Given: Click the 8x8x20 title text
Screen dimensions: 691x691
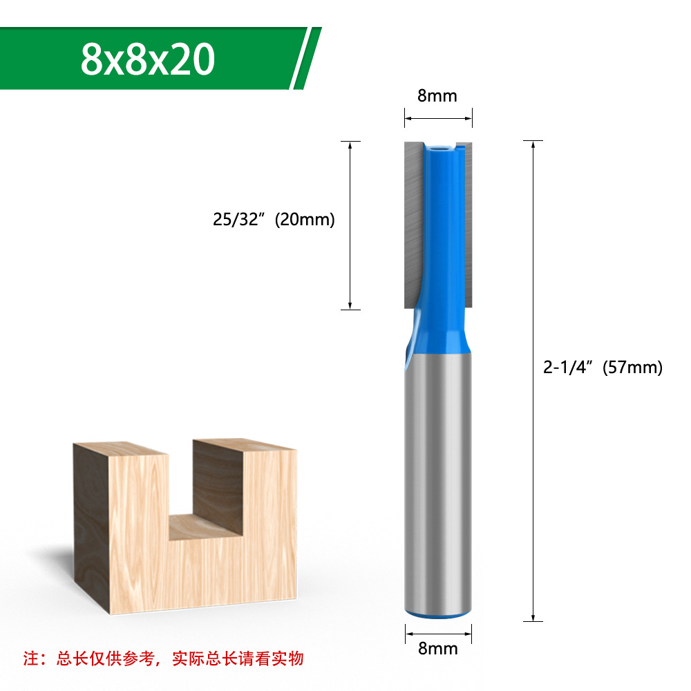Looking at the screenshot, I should coord(147,59).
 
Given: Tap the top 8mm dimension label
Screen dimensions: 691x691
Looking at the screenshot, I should coord(437,96).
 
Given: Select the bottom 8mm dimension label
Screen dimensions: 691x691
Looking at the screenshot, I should coord(438,648).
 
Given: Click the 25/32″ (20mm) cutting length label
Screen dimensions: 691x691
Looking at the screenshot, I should coord(274,220).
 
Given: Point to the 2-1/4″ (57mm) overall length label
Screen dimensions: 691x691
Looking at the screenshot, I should coord(603,368).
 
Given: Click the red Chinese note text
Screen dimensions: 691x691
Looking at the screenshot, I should coord(164,658).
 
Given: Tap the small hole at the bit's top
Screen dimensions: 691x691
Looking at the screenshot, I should coord(439,147).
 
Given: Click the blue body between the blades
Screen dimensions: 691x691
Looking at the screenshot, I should coord(438,228).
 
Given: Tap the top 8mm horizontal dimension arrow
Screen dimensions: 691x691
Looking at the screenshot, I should coord(438,118).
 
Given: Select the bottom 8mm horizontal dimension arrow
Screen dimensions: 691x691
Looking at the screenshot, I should coord(438,631).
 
